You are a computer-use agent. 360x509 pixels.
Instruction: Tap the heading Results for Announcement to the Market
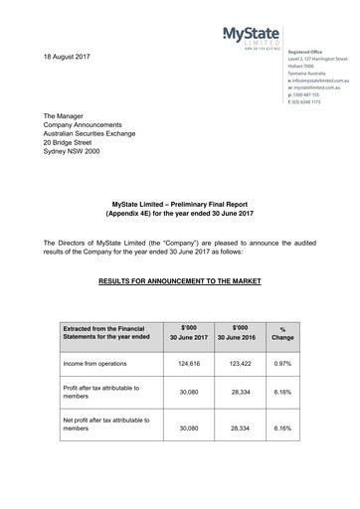[x=179, y=281]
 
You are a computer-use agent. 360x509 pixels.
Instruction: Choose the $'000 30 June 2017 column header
[x=189, y=333]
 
